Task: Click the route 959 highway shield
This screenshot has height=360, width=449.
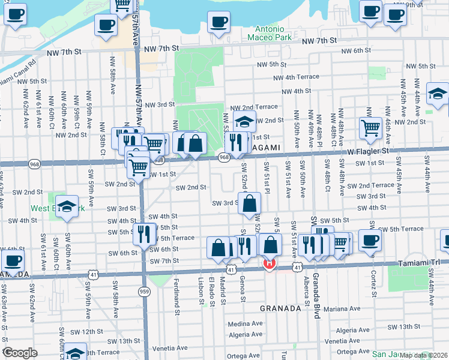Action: point(143,291)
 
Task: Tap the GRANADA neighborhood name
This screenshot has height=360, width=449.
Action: point(280,308)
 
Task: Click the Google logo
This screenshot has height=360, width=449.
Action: point(19,353)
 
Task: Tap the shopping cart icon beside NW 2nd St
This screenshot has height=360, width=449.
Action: point(370,127)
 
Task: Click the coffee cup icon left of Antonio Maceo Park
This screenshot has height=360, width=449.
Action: point(218,22)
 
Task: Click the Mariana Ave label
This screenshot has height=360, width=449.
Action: point(342,310)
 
